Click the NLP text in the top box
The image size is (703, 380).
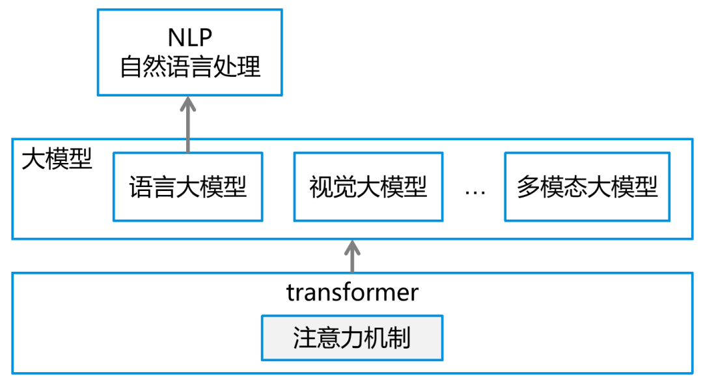click(190, 37)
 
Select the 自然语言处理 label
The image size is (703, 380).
click(190, 67)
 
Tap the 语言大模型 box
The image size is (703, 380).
click(188, 187)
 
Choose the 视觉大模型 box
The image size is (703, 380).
click(368, 187)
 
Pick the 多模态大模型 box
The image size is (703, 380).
click(587, 187)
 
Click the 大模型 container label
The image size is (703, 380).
click(57, 158)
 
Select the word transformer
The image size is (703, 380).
click(352, 293)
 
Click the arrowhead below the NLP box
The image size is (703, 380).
click(188, 104)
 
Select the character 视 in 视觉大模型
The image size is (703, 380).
click(321, 187)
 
